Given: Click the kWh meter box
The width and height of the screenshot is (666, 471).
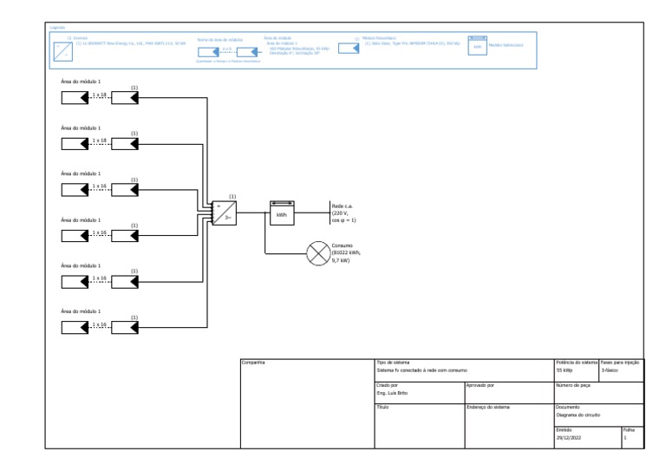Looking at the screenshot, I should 282,213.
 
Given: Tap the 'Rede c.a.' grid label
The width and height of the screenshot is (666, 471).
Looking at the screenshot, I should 342,206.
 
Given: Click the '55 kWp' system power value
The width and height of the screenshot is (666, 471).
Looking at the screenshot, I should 565,370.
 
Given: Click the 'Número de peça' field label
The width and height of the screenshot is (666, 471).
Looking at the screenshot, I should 573,384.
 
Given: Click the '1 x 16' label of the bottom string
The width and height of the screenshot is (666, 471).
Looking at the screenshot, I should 98,324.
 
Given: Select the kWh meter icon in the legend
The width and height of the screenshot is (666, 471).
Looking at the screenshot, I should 476,45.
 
